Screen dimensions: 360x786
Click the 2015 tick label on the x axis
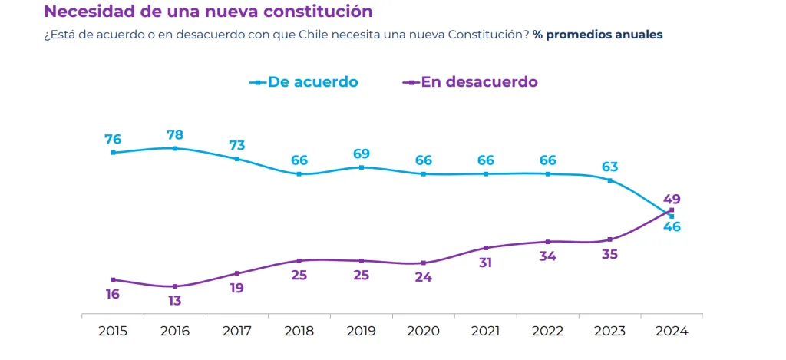click(113, 332)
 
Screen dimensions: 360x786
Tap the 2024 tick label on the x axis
click(672, 332)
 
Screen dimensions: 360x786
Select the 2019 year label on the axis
click(362, 332)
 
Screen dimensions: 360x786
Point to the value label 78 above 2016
click(175, 135)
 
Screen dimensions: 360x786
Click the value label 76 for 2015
click(113, 140)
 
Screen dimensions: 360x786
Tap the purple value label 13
click(175, 301)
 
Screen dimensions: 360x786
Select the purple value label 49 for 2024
click(672, 199)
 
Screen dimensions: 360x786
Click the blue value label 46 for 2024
click(672, 226)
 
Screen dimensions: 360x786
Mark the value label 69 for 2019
click(362, 154)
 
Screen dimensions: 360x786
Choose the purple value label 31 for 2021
click(485, 263)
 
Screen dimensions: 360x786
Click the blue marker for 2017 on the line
click(237, 159)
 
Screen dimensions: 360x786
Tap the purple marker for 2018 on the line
click(299, 260)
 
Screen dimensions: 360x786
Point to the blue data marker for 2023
click(609, 180)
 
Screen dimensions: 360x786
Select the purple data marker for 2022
click(547, 242)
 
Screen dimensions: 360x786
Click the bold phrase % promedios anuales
click(597, 35)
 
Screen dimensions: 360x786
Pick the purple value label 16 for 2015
click(113, 294)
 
